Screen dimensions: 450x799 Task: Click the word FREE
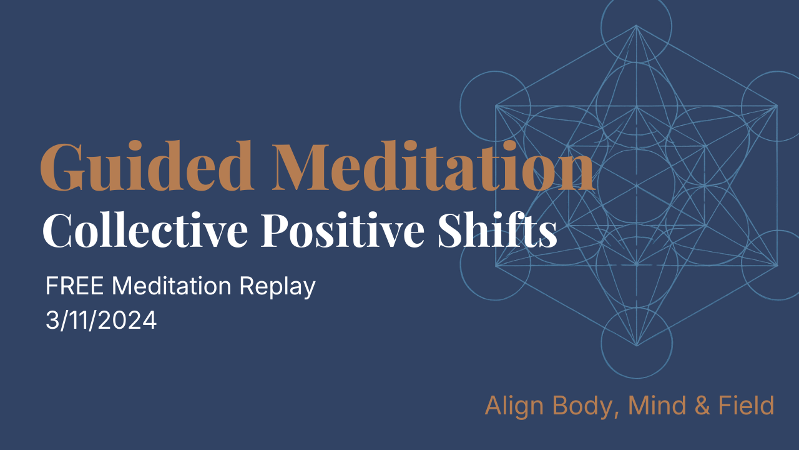[x=76, y=287]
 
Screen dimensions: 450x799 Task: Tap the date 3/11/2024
[x=101, y=321]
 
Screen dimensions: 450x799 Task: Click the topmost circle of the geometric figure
[x=636, y=25]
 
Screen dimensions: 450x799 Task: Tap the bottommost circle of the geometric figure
[x=636, y=344]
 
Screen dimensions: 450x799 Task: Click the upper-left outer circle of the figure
[x=495, y=105]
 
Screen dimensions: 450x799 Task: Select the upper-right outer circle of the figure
[x=775, y=105]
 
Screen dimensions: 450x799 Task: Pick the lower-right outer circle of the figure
[x=775, y=266]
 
